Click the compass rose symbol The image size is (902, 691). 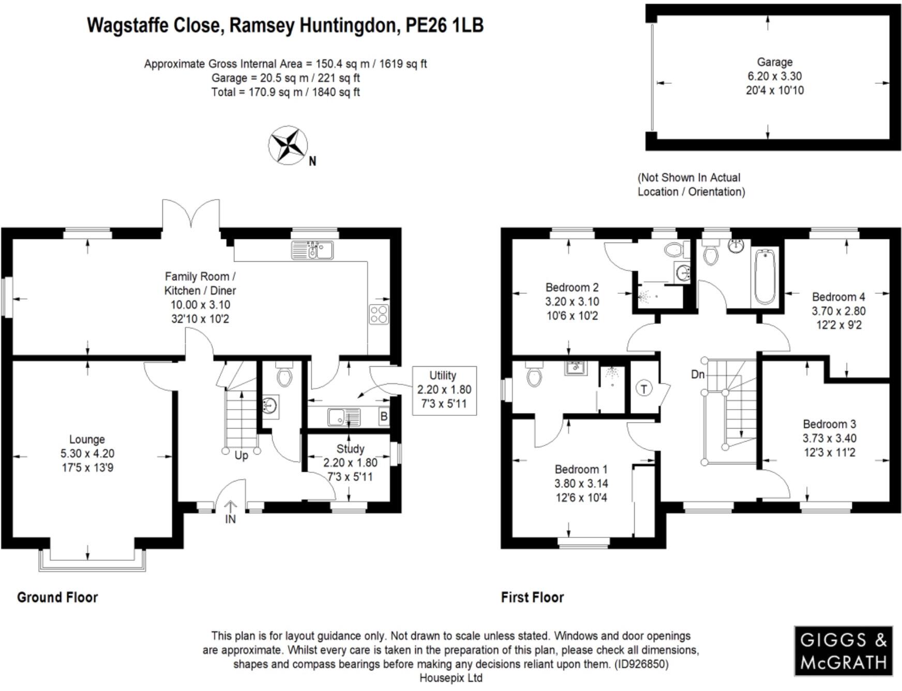(288, 145)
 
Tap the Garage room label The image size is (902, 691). (774, 62)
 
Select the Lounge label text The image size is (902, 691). (87, 439)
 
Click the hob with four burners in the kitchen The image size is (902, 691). (379, 314)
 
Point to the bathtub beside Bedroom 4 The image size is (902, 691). (764, 277)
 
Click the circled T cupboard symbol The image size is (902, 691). (644, 388)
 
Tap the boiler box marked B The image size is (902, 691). (384, 416)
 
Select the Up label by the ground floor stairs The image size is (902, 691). (241, 456)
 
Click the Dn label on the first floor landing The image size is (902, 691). (698, 374)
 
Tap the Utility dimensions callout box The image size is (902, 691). (444, 390)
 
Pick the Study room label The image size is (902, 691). (350, 448)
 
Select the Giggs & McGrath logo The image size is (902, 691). (843, 651)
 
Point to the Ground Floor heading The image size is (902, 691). (57, 597)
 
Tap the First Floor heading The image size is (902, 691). (532, 597)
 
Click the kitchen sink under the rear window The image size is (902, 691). (312, 250)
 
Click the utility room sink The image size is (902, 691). (344, 416)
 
